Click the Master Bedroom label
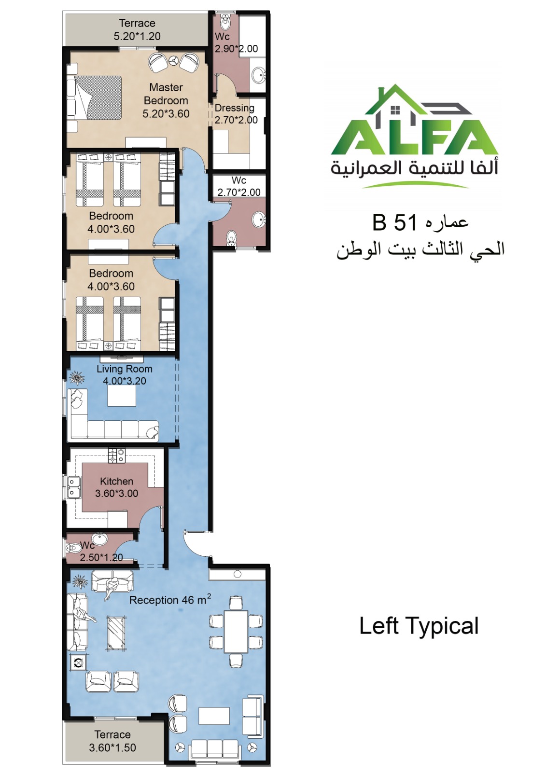(166, 94)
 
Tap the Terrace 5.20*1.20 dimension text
(137, 36)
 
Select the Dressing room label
(234, 108)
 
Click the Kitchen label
(116, 481)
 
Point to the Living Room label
(124, 369)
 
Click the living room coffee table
(122, 396)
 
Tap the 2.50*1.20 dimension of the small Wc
(101, 557)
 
